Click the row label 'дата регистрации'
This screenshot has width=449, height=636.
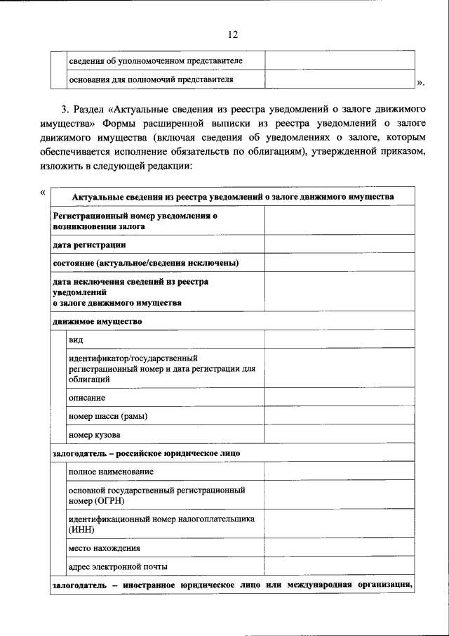[89, 245]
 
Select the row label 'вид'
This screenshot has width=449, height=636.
[76, 340]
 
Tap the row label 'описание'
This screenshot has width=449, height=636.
[87, 398]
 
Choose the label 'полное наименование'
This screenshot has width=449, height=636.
[111, 472]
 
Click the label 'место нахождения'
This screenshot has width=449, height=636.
[105, 547]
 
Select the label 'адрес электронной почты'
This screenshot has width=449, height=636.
[118, 566]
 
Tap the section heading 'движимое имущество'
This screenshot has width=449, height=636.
[97, 322]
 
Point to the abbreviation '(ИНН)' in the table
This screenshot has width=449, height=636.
[81, 531]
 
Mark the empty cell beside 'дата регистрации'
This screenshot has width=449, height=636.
[339, 245]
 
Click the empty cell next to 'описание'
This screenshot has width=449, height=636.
[339, 398]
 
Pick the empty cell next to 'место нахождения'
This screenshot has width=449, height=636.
[339, 547]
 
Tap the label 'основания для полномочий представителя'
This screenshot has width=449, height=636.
[150, 79]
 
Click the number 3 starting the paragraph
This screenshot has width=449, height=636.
[64, 110]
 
